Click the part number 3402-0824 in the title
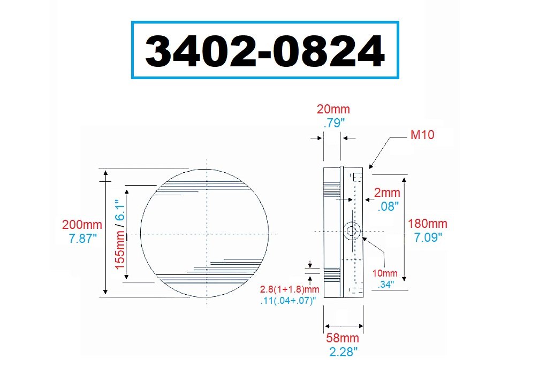click(x=264, y=50)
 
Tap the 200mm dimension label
click(x=82, y=225)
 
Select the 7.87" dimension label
click(x=82, y=238)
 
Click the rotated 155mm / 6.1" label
click(x=120, y=234)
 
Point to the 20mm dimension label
click(x=333, y=109)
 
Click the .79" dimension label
click(x=334, y=123)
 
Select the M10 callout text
click(x=422, y=134)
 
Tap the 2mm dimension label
click(x=387, y=193)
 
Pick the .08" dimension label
click(x=388, y=206)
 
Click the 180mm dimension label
click(x=428, y=224)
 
